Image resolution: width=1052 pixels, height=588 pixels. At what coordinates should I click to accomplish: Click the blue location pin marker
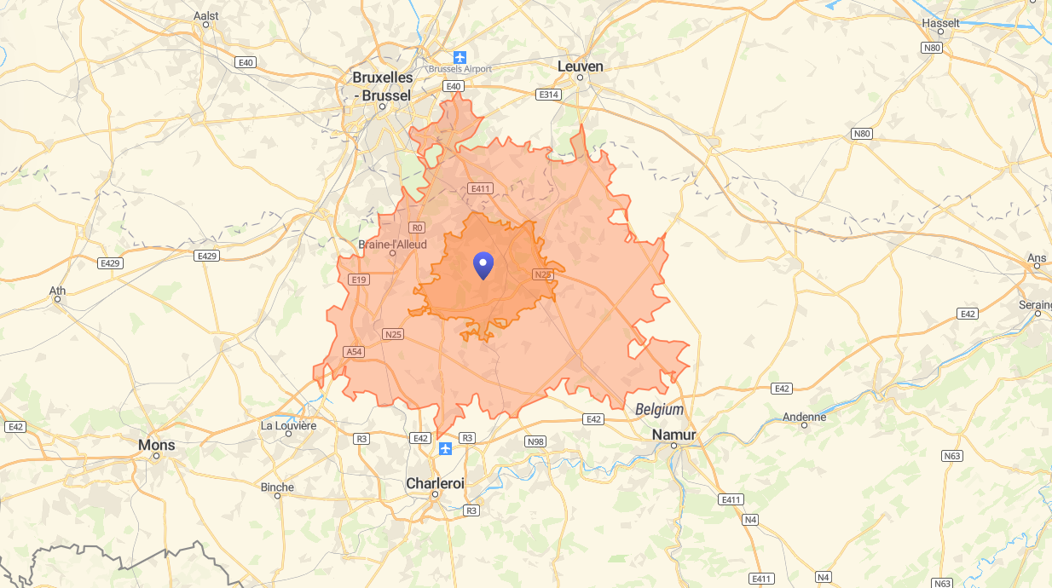click(x=483, y=266)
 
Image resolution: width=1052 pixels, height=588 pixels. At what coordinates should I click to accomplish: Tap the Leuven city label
click(x=580, y=66)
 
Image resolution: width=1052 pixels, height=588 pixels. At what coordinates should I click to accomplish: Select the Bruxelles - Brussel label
click(x=382, y=86)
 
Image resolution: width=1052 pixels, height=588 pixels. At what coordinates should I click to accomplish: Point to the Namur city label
click(x=673, y=435)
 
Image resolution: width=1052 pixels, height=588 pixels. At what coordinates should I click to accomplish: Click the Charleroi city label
click(x=435, y=483)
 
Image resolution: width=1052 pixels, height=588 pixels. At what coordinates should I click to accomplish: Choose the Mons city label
click(x=157, y=445)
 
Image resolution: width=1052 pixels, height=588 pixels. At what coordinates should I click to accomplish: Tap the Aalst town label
click(x=206, y=15)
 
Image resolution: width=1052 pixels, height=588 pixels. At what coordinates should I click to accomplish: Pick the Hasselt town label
click(x=940, y=23)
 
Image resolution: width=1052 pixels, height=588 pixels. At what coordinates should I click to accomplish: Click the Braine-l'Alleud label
click(x=392, y=244)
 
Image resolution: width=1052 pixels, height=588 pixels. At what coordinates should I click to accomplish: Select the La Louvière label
click(x=288, y=425)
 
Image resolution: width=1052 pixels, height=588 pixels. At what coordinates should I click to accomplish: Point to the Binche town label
click(x=277, y=487)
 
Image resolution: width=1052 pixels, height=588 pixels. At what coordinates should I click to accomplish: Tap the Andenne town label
click(x=804, y=417)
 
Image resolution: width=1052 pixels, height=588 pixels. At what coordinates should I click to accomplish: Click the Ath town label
click(x=57, y=291)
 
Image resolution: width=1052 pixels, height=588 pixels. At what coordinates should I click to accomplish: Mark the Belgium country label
click(x=659, y=410)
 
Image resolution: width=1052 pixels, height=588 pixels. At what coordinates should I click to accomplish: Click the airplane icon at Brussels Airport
click(x=460, y=57)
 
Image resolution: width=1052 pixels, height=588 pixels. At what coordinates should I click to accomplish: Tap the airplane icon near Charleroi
click(x=444, y=448)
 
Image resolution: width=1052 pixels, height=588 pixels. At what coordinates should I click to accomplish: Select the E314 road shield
click(x=549, y=95)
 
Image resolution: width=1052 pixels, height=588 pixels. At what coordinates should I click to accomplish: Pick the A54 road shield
click(x=354, y=352)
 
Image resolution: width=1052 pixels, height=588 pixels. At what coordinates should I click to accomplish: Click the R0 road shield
click(x=417, y=228)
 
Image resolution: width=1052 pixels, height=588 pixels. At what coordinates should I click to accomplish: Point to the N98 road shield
click(x=535, y=441)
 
